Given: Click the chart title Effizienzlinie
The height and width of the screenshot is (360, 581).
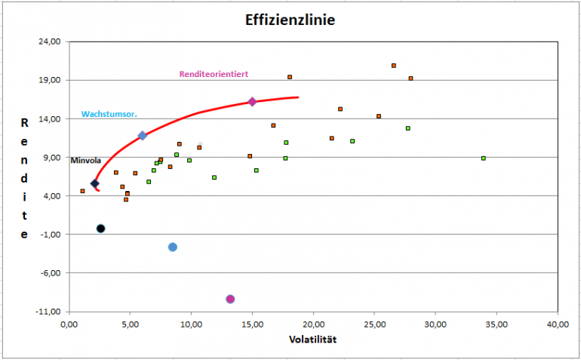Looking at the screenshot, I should tap(290, 20).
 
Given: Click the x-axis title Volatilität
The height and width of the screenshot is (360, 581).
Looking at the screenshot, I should tap(313, 339).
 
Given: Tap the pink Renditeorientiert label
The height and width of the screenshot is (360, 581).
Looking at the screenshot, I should tap(214, 74).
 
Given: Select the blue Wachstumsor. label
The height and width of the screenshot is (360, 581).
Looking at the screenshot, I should tap(104, 114).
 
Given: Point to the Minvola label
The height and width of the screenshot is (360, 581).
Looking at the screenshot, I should tap(85, 160).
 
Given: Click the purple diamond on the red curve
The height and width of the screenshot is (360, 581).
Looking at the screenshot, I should tap(253, 102).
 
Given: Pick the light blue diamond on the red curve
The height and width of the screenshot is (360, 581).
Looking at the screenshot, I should tap(142, 136).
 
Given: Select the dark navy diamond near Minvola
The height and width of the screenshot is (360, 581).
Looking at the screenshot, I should tap(95, 183).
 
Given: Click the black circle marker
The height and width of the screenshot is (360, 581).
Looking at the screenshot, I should tap(100, 228).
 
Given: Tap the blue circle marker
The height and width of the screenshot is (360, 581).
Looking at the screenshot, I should tap(173, 247).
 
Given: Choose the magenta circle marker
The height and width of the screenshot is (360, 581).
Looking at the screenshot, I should tap(230, 299).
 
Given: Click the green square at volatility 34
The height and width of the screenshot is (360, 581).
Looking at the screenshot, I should tap(484, 158).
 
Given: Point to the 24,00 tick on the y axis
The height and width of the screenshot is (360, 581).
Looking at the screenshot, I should tap(50, 42).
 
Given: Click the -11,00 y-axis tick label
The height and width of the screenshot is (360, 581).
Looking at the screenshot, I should tap(49, 311).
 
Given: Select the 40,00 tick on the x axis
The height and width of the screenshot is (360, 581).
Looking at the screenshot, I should tap(558, 324).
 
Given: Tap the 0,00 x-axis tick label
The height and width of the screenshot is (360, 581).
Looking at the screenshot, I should tap(69, 324).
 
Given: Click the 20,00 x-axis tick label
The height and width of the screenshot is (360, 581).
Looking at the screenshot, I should tap(313, 324).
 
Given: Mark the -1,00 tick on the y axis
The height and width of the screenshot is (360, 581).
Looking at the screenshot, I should tap(51, 234).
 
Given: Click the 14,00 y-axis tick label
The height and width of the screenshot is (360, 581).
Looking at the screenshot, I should tap(50, 118).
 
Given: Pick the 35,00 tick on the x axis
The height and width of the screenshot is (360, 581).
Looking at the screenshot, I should tap(496, 324).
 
